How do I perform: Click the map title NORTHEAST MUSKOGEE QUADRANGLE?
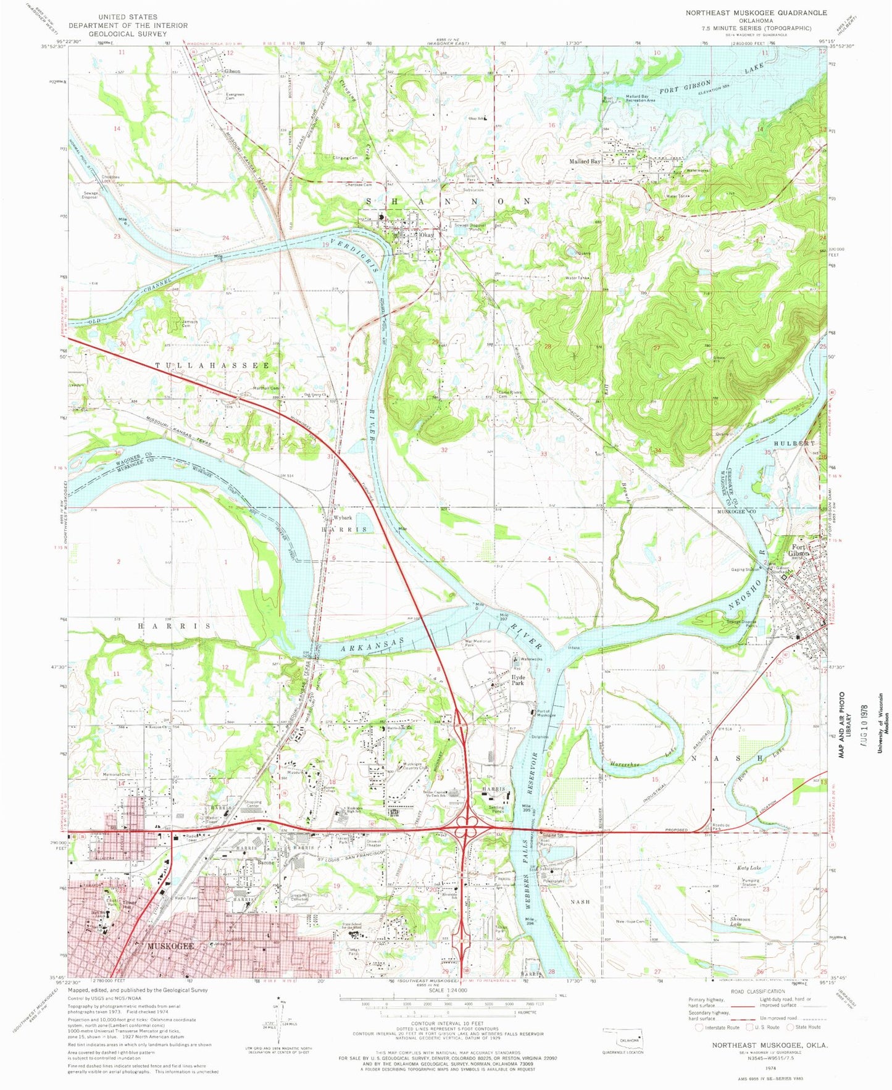[756, 12]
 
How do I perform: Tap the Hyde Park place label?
[517, 680]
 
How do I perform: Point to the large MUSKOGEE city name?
[170, 946]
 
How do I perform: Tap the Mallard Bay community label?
[584, 162]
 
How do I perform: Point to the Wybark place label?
[342, 517]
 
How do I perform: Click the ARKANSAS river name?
[370, 645]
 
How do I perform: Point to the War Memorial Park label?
[478, 643]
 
